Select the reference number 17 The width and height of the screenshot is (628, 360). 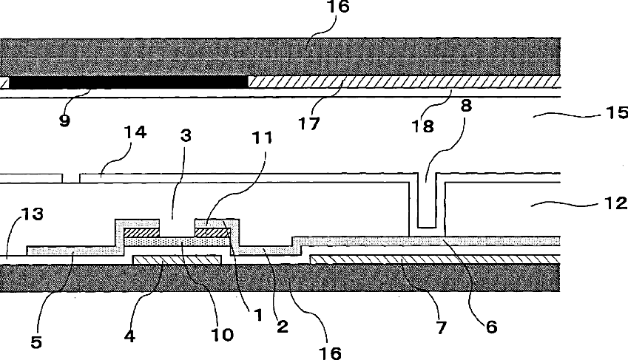point(310,122)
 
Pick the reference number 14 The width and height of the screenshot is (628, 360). point(136,134)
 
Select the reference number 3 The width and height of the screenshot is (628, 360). point(187,137)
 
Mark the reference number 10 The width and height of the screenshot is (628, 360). point(222,334)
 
